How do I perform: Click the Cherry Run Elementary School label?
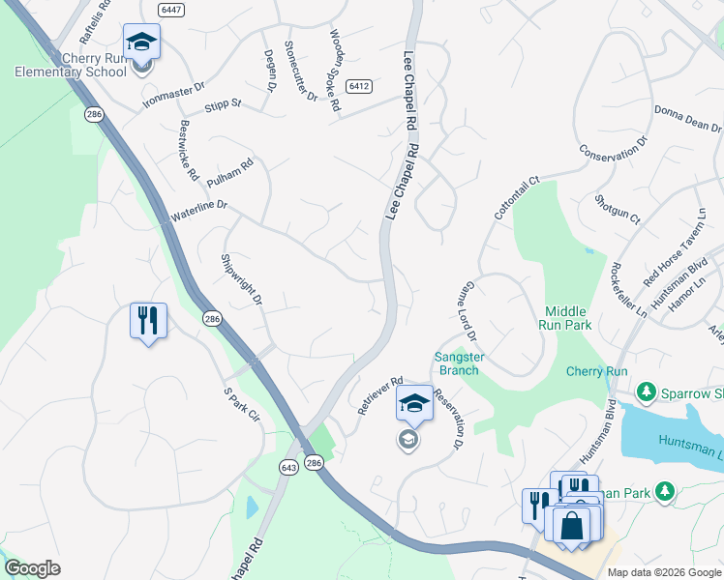(x=71, y=65)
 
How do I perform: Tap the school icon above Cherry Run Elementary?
(x=141, y=43)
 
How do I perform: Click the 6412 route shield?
(x=360, y=86)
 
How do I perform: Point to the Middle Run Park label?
(x=566, y=318)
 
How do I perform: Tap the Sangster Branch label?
(x=459, y=363)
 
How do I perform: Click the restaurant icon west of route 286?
(x=148, y=320)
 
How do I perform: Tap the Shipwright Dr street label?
(x=242, y=280)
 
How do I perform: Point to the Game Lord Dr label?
(x=467, y=311)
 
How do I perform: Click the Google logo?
(x=31, y=569)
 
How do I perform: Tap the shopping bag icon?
(x=572, y=526)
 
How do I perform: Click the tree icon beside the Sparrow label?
(x=647, y=392)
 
